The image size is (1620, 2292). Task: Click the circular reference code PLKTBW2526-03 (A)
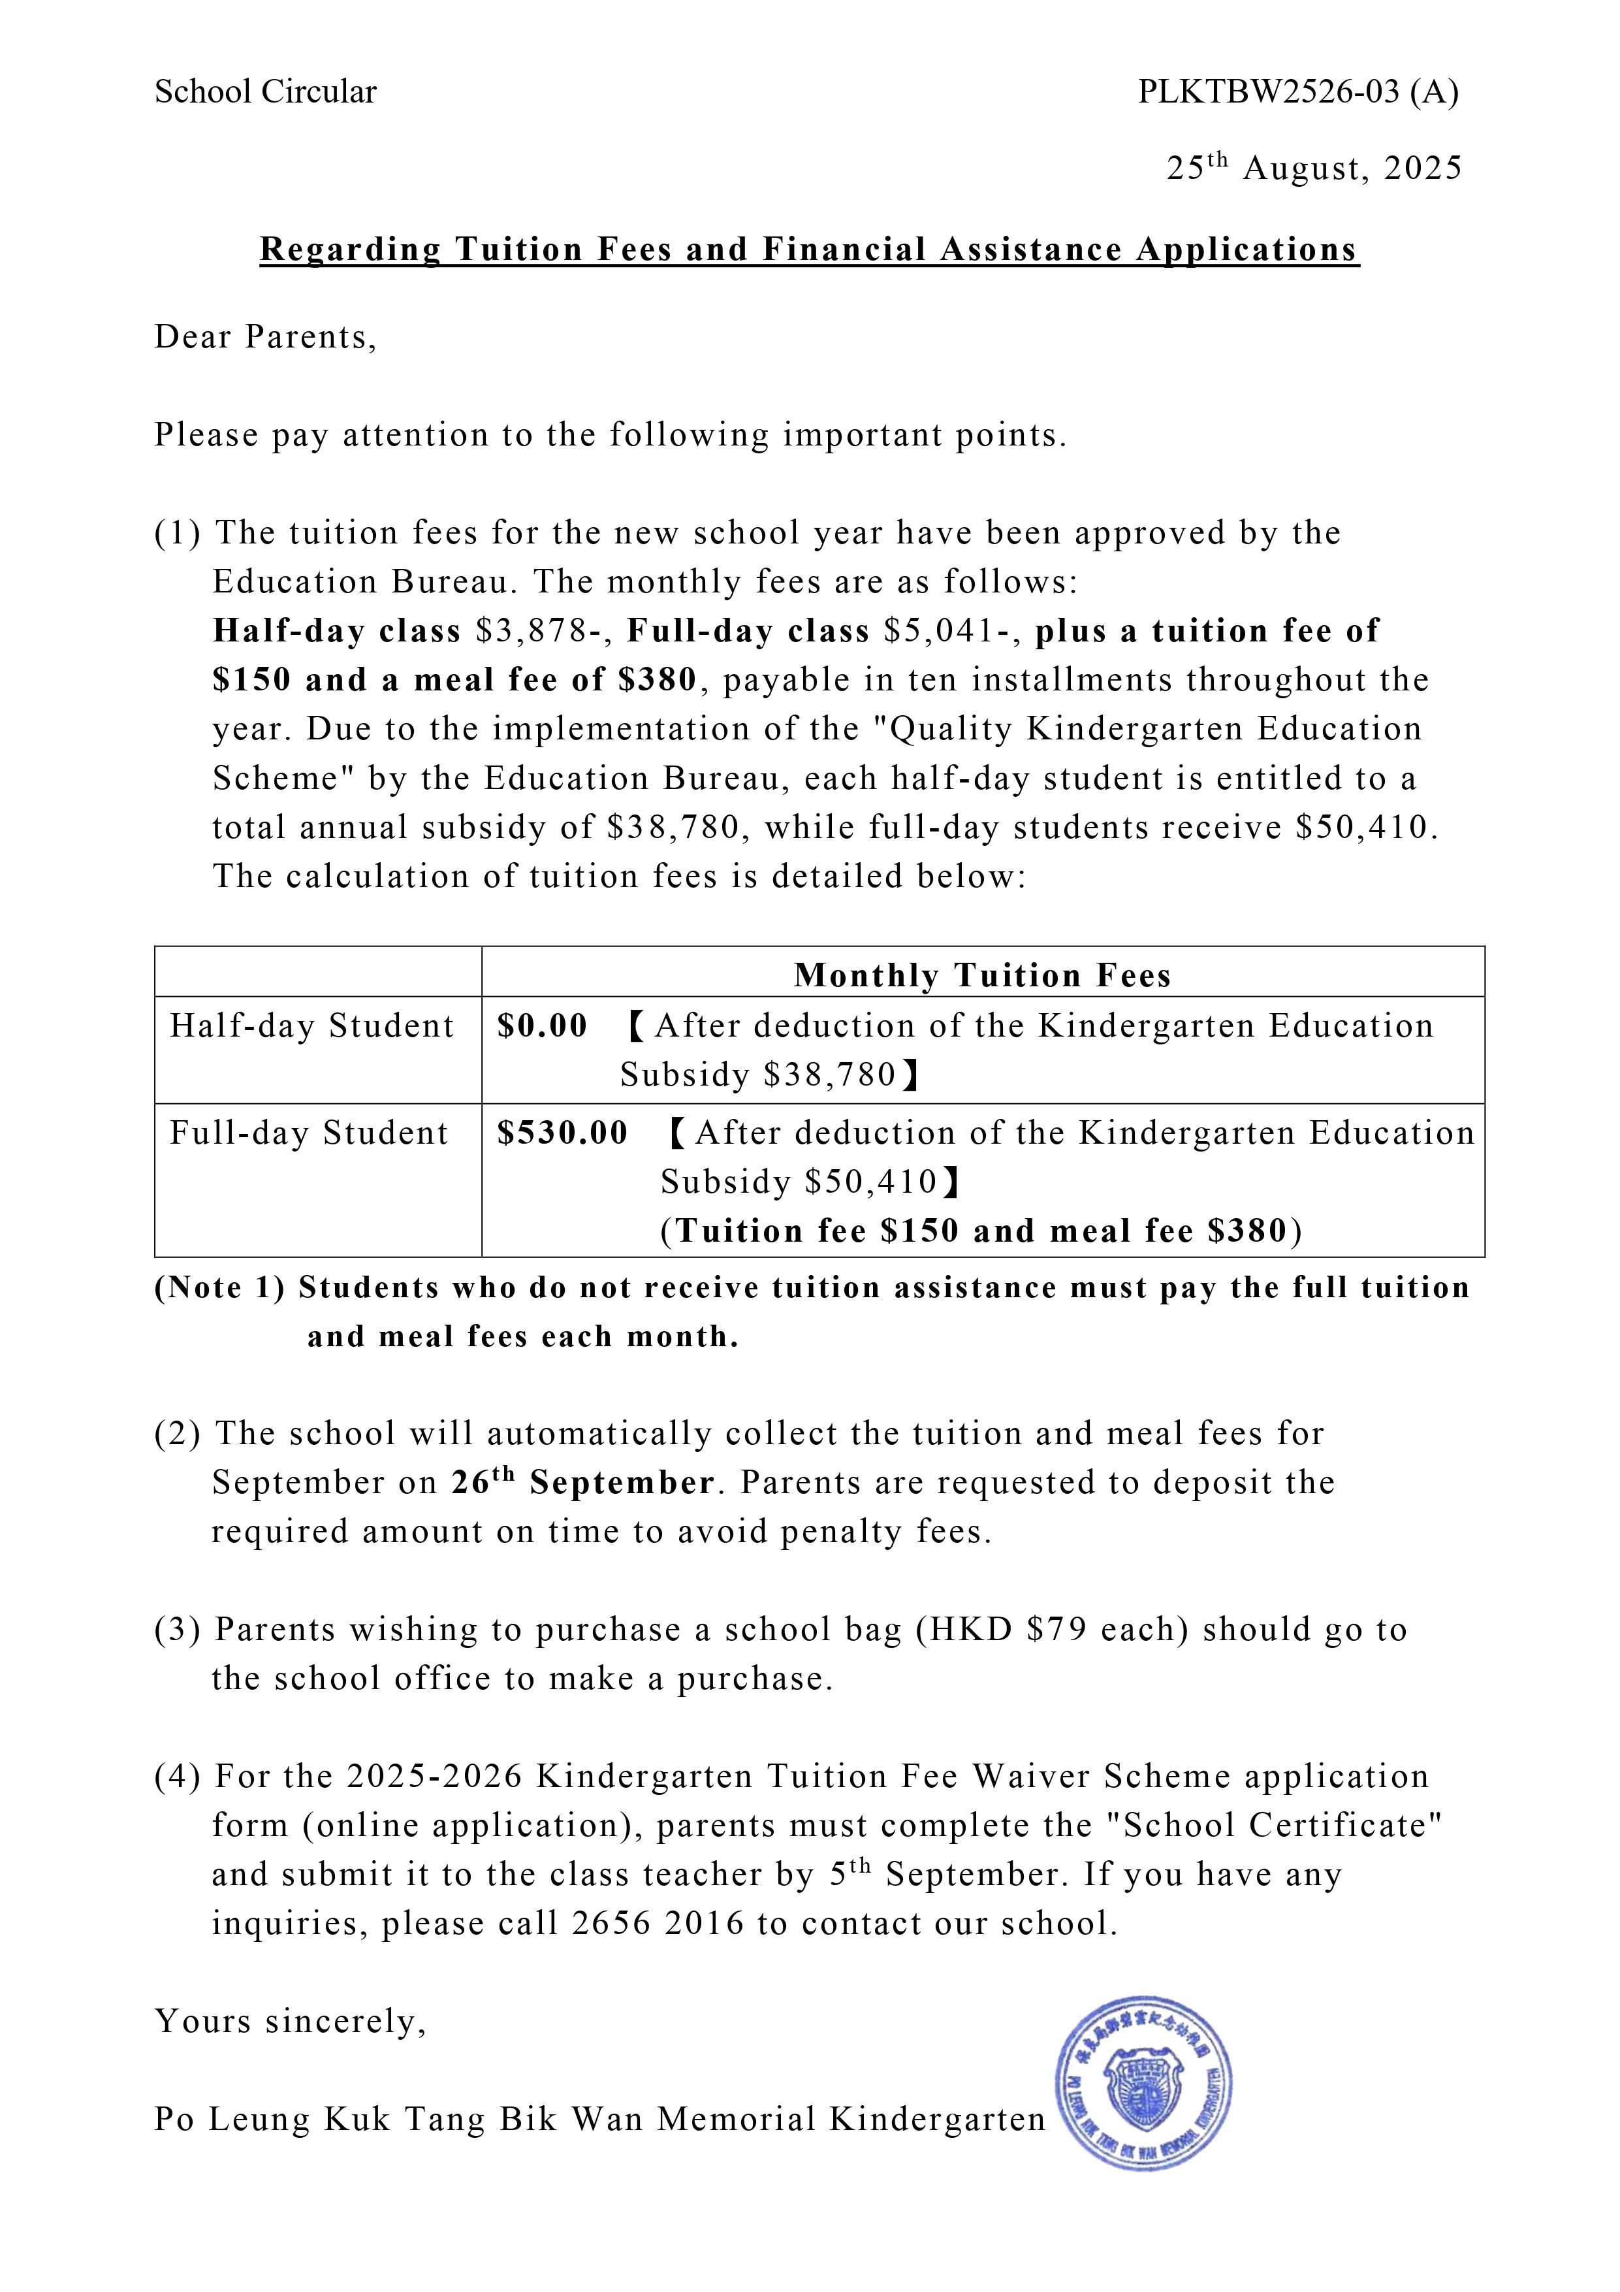pyautogui.click(x=1297, y=93)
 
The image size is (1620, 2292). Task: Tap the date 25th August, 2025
pyautogui.click(x=1314, y=168)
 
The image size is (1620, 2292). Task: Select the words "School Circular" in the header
pyautogui.click(x=266, y=93)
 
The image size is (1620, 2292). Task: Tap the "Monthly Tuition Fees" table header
pyautogui.click(x=982, y=975)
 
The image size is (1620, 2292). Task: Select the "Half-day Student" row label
pyautogui.click(x=311, y=1026)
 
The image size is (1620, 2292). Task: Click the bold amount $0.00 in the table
pyautogui.click(x=542, y=1026)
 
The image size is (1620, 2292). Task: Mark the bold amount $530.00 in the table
pyautogui.click(x=563, y=1133)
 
